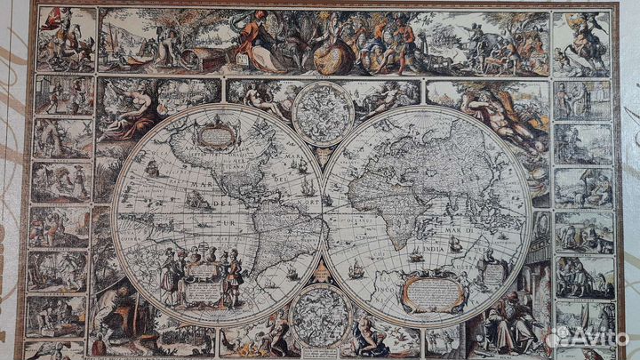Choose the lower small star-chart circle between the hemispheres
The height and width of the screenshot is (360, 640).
(x=321, y=316)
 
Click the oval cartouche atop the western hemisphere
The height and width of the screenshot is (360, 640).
(x=216, y=136)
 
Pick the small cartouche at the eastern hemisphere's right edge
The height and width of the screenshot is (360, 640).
(x=492, y=271)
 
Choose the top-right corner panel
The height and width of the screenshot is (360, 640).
(x=581, y=43)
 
